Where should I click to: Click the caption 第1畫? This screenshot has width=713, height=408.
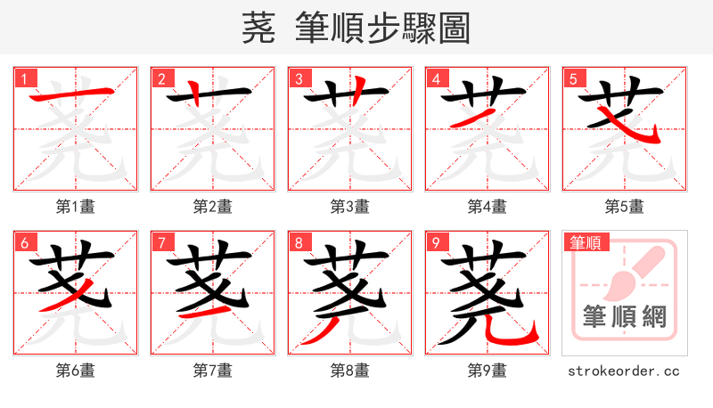75,207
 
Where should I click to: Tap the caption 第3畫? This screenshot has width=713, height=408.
349,207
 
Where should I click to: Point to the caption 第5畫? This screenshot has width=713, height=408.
624,207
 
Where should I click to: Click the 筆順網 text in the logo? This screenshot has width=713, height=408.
624,317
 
